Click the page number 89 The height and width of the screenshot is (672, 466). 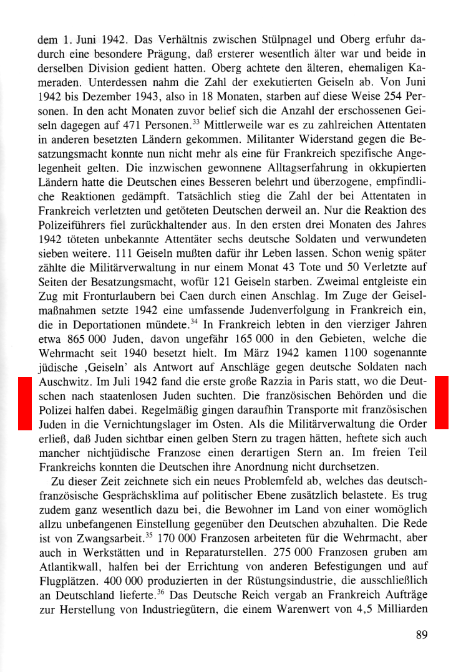point(421,636)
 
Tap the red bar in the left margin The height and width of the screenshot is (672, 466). point(24,403)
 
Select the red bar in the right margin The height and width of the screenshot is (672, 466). point(441,402)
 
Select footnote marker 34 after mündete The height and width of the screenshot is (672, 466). point(195,322)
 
